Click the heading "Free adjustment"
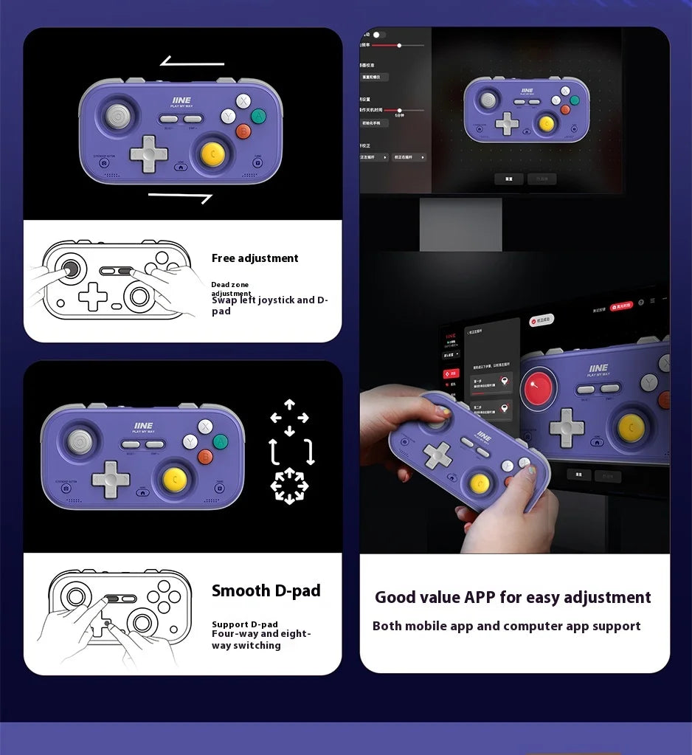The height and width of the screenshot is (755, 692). click(255, 258)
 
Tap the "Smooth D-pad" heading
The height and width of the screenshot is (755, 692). click(266, 590)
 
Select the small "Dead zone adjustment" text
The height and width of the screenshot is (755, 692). click(231, 289)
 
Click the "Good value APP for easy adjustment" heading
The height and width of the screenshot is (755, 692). click(513, 597)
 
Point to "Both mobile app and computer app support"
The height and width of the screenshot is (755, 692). click(506, 626)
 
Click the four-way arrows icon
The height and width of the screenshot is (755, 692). click(289, 418)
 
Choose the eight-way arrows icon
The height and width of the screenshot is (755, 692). click(289, 486)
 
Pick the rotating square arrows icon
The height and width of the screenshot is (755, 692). click(291, 452)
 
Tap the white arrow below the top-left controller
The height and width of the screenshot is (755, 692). click(180, 196)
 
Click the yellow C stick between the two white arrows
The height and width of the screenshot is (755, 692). click(213, 153)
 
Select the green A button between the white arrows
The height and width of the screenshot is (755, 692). click(258, 116)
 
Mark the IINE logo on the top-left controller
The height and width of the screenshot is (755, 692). click(181, 100)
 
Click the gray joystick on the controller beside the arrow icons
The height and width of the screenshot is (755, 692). click(80, 441)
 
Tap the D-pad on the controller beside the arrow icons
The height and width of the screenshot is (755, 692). click(111, 479)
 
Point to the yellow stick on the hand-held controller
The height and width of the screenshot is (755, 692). click(480, 483)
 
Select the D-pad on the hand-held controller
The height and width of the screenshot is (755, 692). click(437, 454)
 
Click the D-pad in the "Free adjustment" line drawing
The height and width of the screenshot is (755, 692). click(93, 296)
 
